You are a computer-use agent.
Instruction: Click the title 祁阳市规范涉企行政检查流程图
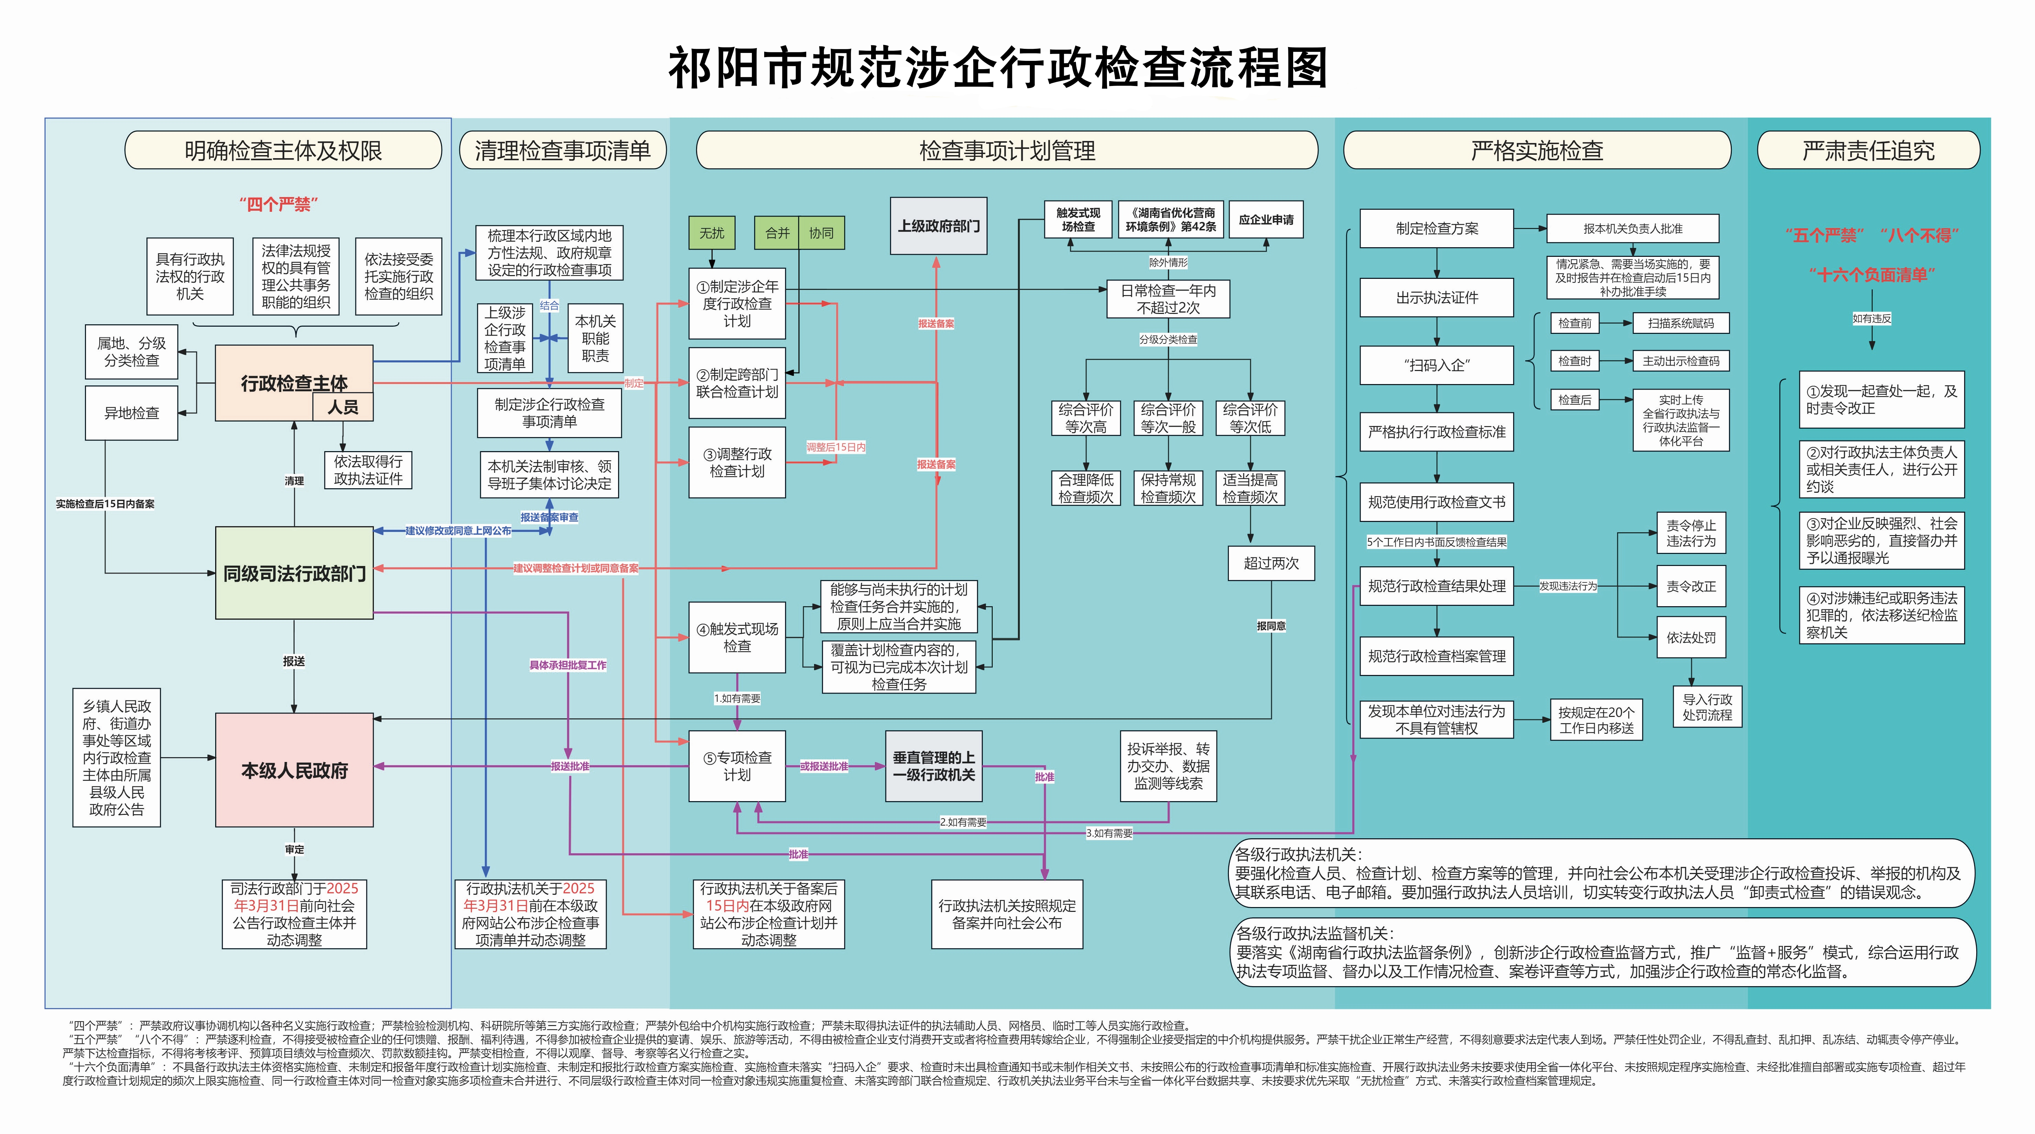click(x=998, y=68)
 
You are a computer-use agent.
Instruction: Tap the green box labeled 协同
click(x=821, y=233)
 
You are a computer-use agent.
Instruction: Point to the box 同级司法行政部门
click(x=294, y=573)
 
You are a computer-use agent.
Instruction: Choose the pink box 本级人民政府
click(x=294, y=770)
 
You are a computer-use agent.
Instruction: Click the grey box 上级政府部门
click(x=938, y=226)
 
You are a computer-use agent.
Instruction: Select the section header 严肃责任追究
click(x=1868, y=150)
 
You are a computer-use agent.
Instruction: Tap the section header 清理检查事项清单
click(x=562, y=150)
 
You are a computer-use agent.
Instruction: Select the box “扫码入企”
click(x=1436, y=365)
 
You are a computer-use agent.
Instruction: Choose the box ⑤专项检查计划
click(x=737, y=766)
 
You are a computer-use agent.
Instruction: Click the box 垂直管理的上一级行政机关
click(x=934, y=766)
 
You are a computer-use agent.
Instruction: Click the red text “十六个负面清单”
click(x=1871, y=275)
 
